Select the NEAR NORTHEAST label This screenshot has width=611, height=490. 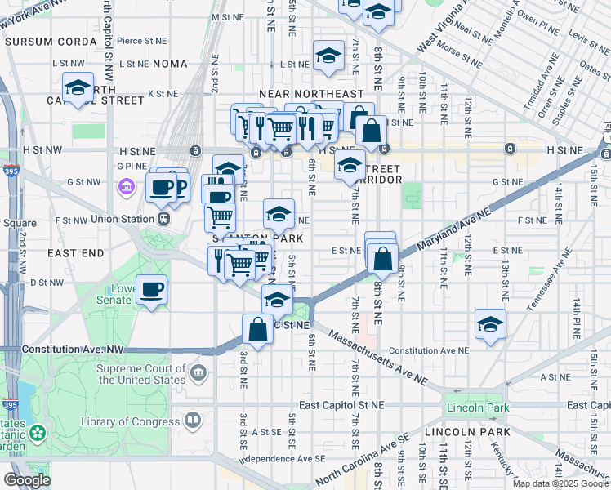(310, 95)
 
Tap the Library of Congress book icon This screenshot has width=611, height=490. (193, 421)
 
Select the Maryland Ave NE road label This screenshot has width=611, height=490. (453, 229)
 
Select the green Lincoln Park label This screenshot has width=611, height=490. (478, 408)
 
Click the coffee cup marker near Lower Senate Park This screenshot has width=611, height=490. (152, 290)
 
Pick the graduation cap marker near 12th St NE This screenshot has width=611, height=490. (490, 325)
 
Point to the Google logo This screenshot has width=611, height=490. (27, 479)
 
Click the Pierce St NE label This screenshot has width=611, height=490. (142, 40)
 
